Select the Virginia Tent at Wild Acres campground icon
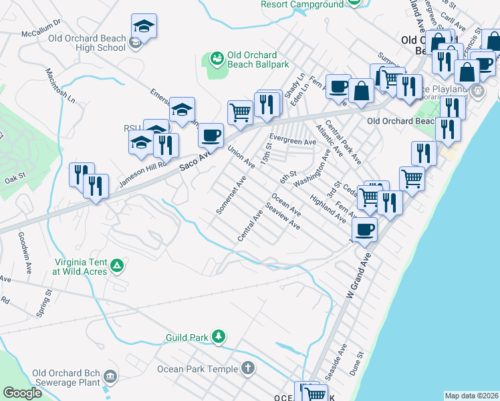pyautogui.click(x=118, y=266)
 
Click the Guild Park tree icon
pyautogui.click(x=218, y=336)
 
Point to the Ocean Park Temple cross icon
pyautogui.click(x=247, y=368)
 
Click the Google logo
pyautogui.click(x=22, y=393)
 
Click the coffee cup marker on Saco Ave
pyautogui.click(x=211, y=135)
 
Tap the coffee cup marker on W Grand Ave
pyautogui.click(x=364, y=229)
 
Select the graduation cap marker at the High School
pyautogui.click(x=144, y=26)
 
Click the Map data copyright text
pyautogui.click(x=471, y=396)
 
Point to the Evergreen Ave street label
pyautogui.click(x=292, y=142)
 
